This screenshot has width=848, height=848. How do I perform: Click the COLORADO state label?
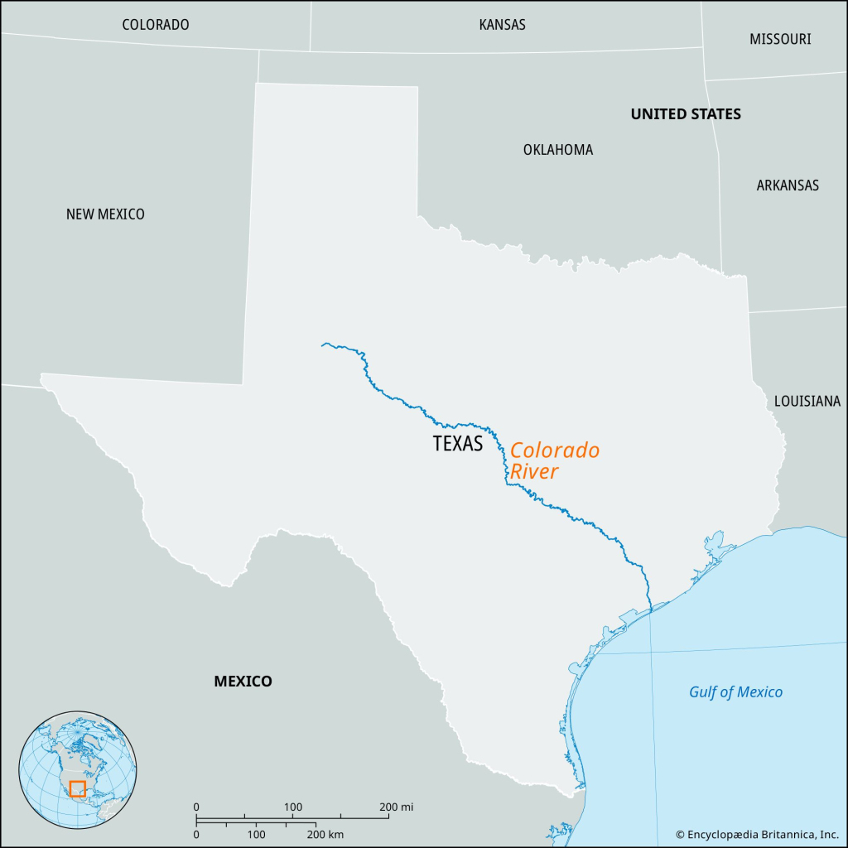(x=156, y=25)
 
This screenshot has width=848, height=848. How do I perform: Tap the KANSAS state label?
(x=502, y=25)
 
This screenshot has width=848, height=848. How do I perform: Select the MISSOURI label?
(x=780, y=39)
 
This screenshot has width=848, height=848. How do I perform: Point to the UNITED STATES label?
(x=686, y=114)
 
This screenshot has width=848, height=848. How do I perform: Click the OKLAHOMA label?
(x=558, y=150)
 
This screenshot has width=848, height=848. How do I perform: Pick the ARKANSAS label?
(x=788, y=185)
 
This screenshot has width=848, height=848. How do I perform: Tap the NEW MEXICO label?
(x=105, y=214)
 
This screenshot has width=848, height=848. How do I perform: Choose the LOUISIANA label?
(x=807, y=402)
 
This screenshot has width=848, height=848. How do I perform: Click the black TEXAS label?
(x=457, y=444)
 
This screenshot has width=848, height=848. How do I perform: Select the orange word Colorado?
(x=554, y=451)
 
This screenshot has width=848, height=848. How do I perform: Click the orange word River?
(x=534, y=472)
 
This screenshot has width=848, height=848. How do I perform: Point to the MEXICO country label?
(x=243, y=682)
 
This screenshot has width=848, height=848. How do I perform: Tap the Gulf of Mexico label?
(x=735, y=692)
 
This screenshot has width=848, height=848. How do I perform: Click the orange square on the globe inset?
(x=77, y=788)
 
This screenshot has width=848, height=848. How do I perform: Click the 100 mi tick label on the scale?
(x=293, y=807)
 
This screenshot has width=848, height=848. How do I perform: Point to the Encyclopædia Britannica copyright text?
(x=757, y=834)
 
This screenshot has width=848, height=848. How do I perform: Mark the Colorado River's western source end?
(x=323, y=344)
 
